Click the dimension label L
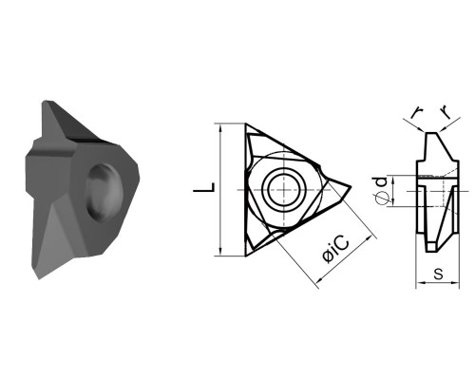[x=204, y=187]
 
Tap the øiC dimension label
[x=336, y=249]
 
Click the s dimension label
[x=438, y=274]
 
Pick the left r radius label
[x=417, y=112]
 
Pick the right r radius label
[x=446, y=112]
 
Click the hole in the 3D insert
[x=104, y=192]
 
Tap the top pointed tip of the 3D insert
[x=45, y=102]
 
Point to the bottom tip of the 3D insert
[x=39, y=278]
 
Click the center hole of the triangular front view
[x=284, y=189]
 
